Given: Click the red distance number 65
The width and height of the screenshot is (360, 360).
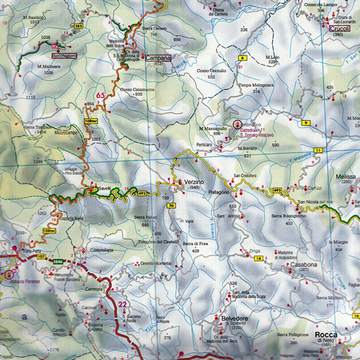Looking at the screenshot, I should [x=101, y=95].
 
